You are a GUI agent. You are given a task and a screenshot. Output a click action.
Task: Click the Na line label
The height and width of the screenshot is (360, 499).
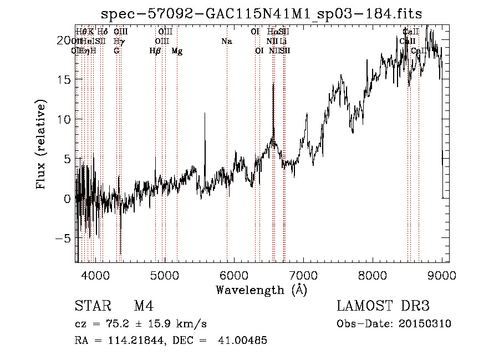coord(226,41)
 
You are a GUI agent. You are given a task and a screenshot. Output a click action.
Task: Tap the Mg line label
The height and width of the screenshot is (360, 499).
coord(177,50)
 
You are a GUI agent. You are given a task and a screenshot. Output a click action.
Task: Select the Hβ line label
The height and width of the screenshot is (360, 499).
coord(155,50)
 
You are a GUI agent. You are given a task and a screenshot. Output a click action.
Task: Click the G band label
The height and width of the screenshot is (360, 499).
coord(116,50)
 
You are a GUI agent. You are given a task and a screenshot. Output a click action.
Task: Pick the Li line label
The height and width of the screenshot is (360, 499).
coord(283,41)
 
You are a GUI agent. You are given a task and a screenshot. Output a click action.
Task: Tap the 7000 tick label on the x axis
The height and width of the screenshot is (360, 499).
coord(303,274)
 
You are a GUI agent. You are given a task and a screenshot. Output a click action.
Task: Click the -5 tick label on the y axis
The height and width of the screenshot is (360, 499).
coord(64,238)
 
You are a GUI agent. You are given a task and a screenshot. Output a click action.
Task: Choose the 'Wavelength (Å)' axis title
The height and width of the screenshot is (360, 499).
coord(261,289)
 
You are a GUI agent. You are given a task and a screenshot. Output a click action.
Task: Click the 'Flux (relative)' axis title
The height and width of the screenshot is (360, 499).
coord(41,144)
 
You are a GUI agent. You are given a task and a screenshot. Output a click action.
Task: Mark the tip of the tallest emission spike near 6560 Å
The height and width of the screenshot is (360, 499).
coord(273,84)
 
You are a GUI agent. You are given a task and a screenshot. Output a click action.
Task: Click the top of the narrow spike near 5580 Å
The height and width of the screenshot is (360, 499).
coord(205,114)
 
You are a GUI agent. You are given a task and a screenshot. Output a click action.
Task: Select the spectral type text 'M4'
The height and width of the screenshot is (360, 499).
coord(144,306)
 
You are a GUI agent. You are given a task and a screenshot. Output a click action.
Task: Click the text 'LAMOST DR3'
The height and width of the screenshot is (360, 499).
coord(383,306)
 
